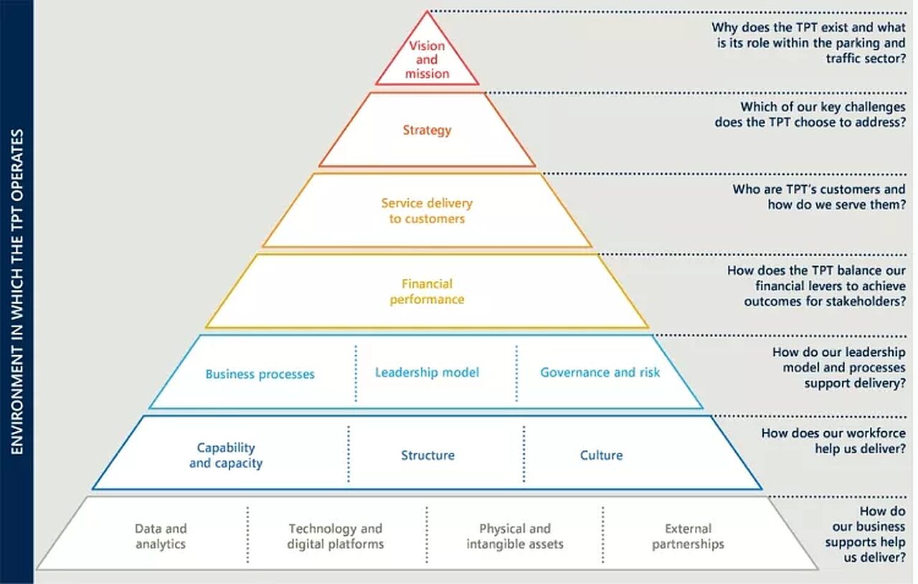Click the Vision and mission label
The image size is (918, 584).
(427, 60)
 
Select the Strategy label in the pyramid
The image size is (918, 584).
(427, 130)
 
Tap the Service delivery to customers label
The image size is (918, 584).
(427, 211)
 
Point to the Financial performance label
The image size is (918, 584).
(427, 291)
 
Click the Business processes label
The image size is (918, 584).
(260, 374)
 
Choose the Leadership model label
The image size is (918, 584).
(427, 372)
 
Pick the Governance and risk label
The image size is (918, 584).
(600, 372)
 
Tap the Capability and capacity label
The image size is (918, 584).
(226, 456)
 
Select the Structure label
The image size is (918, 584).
(427, 455)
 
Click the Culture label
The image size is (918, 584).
(601, 455)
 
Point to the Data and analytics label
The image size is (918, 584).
(160, 537)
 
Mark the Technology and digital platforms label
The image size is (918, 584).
(336, 537)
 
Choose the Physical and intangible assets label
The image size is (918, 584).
(515, 537)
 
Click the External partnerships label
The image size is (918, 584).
(688, 537)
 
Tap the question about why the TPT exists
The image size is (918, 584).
(808, 43)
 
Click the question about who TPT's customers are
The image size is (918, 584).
(819, 197)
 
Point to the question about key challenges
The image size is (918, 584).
(810, 115)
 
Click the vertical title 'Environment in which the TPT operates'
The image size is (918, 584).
(17, 291)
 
